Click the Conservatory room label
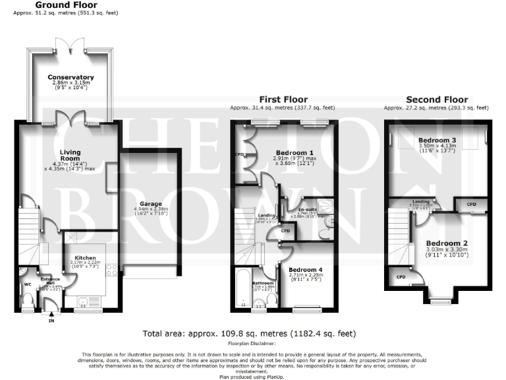[x=70, y=77]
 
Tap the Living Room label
[x=70, y=155]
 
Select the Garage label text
[x=151, y=204]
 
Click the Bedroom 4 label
[x=306, y=269]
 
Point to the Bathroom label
[x=264, y=283]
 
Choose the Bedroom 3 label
[x=437, y=140]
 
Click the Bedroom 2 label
[x=446, y=243]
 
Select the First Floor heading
[x=282, y=100]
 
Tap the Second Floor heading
[x=436, y=100]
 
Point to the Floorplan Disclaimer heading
[x=252, y=343]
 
